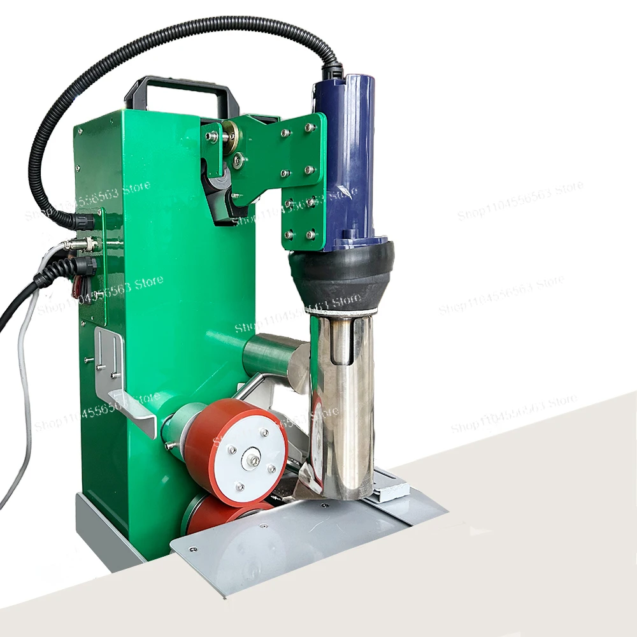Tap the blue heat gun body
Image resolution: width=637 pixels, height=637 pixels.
click(349, 159)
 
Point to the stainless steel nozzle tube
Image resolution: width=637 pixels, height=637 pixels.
click(344, 395)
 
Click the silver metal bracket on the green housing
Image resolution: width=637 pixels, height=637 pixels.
click(124, 382)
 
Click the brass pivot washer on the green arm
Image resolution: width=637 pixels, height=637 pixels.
click(228, 135)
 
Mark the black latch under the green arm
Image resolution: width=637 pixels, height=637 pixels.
click(217, 191)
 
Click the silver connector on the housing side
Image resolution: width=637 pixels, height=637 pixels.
click(80, 245)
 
